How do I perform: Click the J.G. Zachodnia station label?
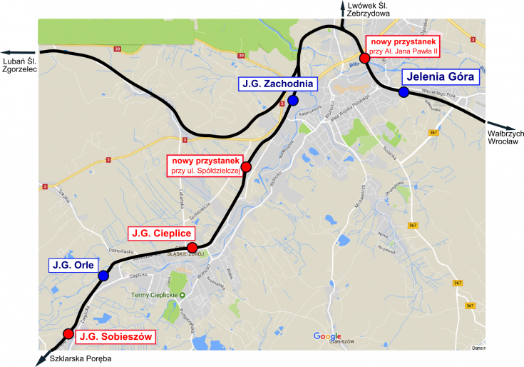pyautogui.click(x=277, y=84)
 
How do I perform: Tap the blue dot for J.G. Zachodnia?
pyautogui.click(x=293, y=101)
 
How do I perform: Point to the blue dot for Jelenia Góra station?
pyautogui.click(x=404, y=92)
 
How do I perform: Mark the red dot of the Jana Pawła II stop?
pyautogui.click(x=364, y=58)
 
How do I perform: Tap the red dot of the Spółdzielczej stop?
pyautogui.click(x=246, y=167)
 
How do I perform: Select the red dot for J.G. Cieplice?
pyautogui.click(x=192, y=247)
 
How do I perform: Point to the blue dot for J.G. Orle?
pyautogui.click(x=103, y=276)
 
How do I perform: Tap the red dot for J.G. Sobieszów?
pyautogui.click(x=68, y=333)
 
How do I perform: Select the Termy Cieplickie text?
pyautogui.click(x=153, y=296)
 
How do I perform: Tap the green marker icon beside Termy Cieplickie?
pyautogui.click(x=182, y=296)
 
